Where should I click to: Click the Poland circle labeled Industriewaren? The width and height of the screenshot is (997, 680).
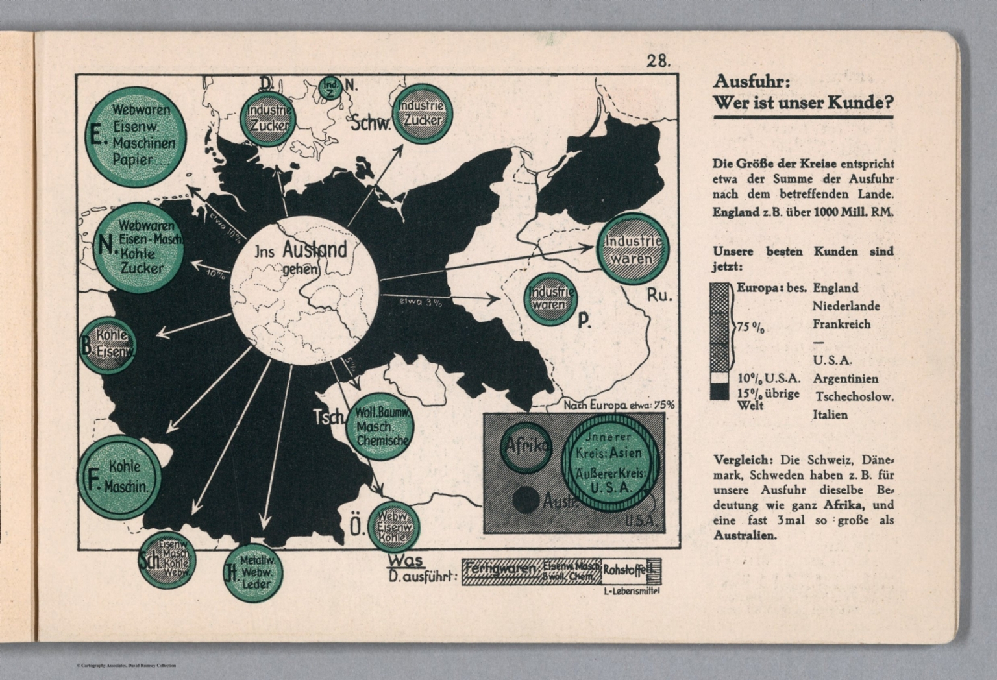click(550, 297)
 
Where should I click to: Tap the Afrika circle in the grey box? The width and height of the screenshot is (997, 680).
click(526, 446)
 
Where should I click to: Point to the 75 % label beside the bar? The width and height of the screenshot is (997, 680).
click(751, 328)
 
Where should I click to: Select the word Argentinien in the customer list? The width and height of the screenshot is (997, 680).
click(846, 379)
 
